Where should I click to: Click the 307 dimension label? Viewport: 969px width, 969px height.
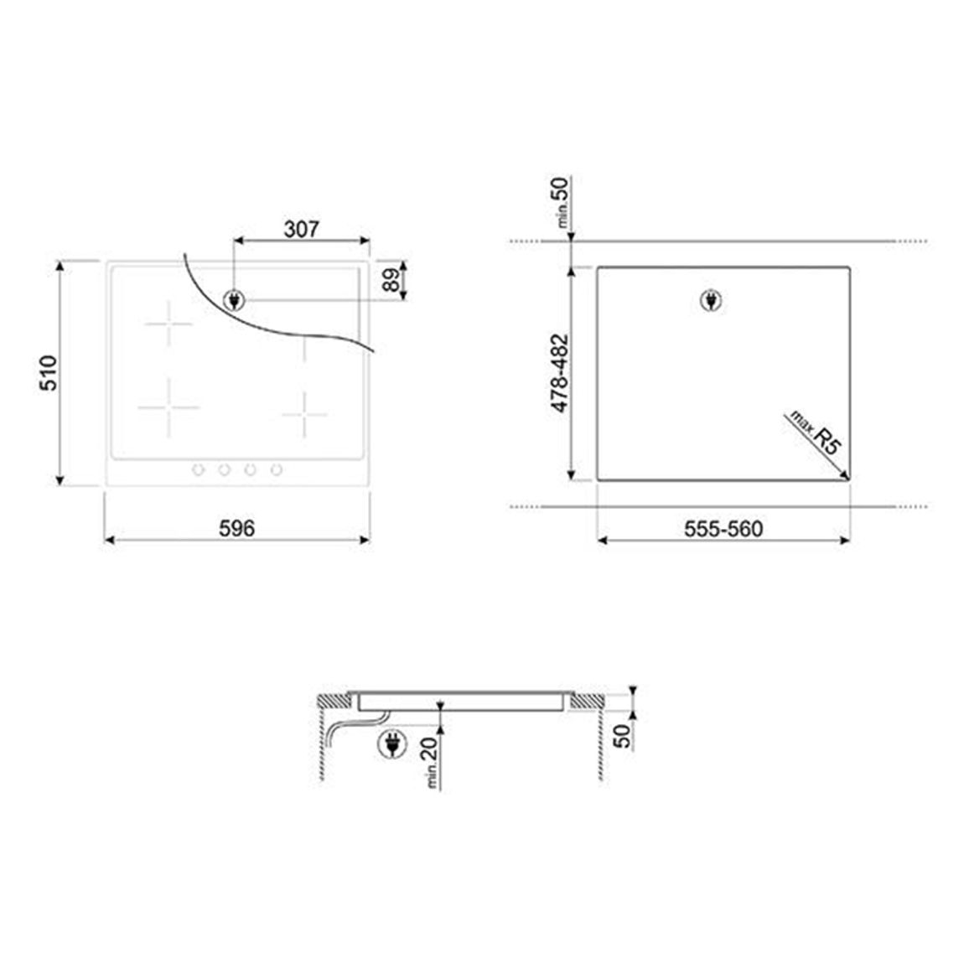[301, 230]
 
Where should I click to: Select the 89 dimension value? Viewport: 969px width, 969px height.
[391, 281]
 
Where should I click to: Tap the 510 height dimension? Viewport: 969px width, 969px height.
[49, 373]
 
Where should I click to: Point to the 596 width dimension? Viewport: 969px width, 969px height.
[236, 528]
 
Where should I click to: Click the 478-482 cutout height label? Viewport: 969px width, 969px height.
[560, 373]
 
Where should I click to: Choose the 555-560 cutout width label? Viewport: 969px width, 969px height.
[723, 529]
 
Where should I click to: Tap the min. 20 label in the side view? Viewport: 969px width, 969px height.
[431, 763]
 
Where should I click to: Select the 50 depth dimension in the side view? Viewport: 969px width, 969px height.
[622, 735]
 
